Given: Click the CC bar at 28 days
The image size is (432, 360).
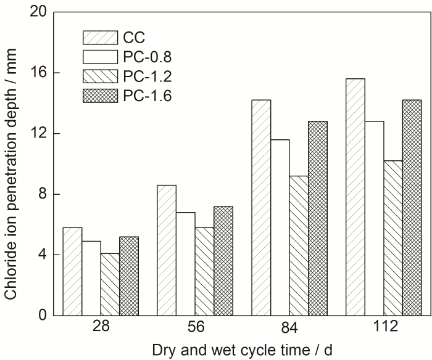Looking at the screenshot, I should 73,271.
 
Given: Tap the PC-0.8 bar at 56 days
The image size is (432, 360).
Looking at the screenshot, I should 185,264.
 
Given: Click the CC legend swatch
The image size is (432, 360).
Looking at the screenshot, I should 99,37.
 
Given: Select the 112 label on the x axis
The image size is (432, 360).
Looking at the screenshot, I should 393,327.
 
